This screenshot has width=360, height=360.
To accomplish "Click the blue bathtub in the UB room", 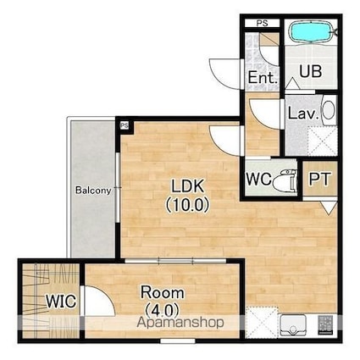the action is (x=311, y=32).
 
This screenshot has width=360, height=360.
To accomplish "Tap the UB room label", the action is (x=310, y=71).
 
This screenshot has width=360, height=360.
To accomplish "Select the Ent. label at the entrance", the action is (x=263, y=77).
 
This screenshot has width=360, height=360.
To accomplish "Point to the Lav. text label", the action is (x=303, y=114).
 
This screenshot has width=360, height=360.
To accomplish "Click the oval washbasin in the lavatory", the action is (x=329, y=110).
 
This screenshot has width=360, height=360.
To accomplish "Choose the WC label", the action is (x=258, y=179).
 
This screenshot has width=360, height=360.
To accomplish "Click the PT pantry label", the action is (x=319, y=179).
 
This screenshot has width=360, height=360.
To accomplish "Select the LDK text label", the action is (x=188, y=186).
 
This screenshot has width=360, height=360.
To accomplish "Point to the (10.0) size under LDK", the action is (x=187, y=205).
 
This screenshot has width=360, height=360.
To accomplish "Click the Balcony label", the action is (x=93, y=191).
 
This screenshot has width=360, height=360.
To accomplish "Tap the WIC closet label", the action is (x=61, y=301).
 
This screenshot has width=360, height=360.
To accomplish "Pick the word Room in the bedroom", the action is (x=163, y=292).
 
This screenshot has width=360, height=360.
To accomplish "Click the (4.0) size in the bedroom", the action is (x=163, y=310).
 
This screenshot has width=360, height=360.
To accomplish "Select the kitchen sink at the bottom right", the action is (x=293, y=326).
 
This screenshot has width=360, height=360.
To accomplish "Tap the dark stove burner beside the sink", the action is (x=326, y=325).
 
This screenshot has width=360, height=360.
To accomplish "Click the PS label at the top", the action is (x=262, y=23).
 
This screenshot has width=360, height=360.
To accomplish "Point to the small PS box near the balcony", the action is (x=125, y=125).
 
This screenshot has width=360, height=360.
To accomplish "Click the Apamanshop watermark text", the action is (x=180, y=323).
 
